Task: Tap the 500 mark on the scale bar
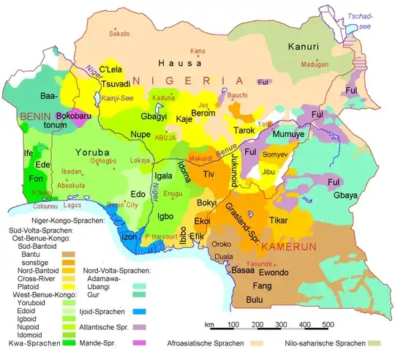[x=328, y=323]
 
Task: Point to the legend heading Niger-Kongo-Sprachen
[x=67, y=220]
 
